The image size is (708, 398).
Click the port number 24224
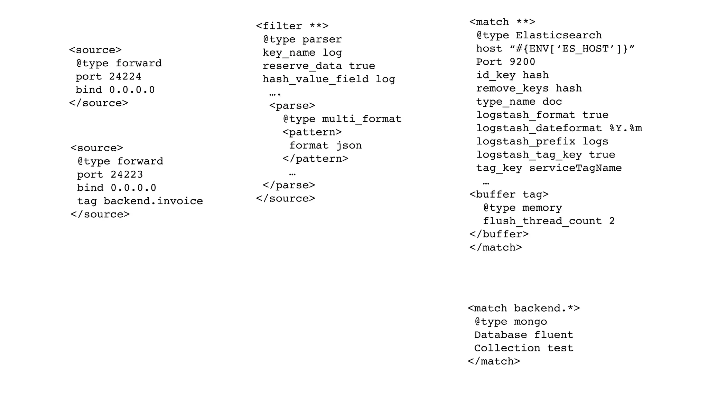pos(125,76)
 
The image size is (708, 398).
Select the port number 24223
pos(127,174)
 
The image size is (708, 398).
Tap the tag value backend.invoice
pos(153,201)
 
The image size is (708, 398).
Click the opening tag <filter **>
pos(292,26)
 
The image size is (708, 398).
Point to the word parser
pos(322,39)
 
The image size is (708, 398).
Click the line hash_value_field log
pos(328,79)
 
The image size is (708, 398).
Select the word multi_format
pos(362,119)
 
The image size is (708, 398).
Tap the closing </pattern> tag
pos(315,159)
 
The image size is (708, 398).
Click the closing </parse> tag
pos(289,185)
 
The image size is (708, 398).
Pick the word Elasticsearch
pos(559,35)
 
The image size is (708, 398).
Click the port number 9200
pos(522,62)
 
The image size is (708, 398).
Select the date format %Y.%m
pos(626,128)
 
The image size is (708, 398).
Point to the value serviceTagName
pos(575,168)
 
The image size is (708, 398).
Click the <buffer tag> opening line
pos(509,195)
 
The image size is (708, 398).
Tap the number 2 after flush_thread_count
pos(612,221)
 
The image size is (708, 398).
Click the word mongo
pos(530,322)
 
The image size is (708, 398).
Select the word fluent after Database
pos(553,335)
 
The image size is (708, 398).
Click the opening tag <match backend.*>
pos(524,308)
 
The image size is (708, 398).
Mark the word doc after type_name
pos(552,102)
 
